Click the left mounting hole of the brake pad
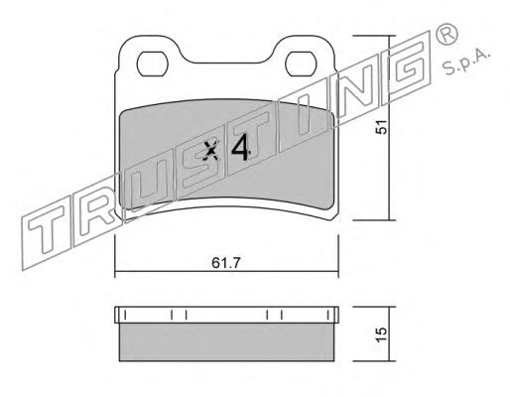click(x=152, y=64)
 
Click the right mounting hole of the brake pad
click(x=300, y=64)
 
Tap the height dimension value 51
click(x=382, y=127)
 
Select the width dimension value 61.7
click(x=226, y=263)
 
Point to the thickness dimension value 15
click(x=382, y=334)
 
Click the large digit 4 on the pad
click(x=240, y=148)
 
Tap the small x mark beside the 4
click(x=211, y=151)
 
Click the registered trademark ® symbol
click(x=446, y=35)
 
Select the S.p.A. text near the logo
click(x=466, y=63)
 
